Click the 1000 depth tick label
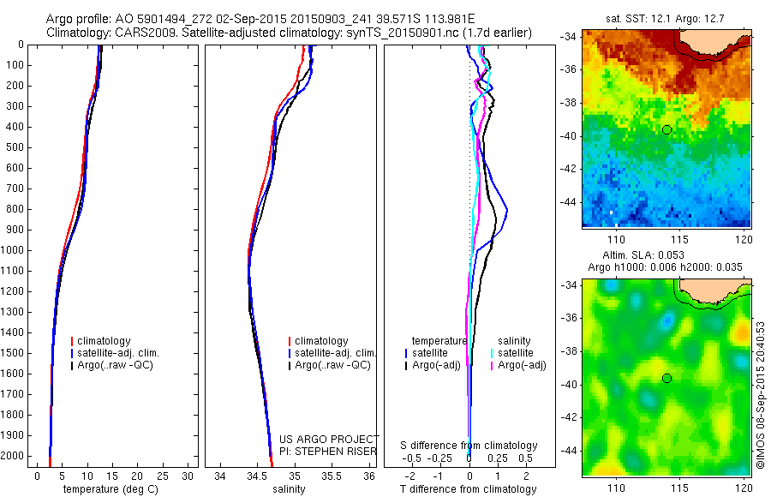coord(14,250)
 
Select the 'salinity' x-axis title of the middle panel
coord(288,489)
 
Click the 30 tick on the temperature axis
coord(188,476)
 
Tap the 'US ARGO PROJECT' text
coord(329,439)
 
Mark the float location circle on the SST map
coord(666,129)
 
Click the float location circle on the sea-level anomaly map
coord(666,378)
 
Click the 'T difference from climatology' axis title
coord(468,489)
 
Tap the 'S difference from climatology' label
coord(469,446)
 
